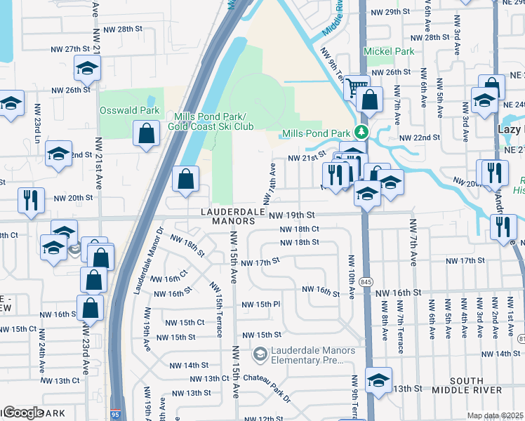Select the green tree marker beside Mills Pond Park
point(361,132)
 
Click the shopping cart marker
point(357,88)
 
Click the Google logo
point(22,413)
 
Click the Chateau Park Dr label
point(268,387)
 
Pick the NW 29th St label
point(390,12)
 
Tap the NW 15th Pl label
point(261,305)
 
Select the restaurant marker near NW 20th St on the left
point(30,200)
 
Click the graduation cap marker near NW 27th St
point(88,67)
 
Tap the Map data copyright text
point(495,415)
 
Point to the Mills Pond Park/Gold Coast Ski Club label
point(210,121)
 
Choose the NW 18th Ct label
point(300,229)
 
